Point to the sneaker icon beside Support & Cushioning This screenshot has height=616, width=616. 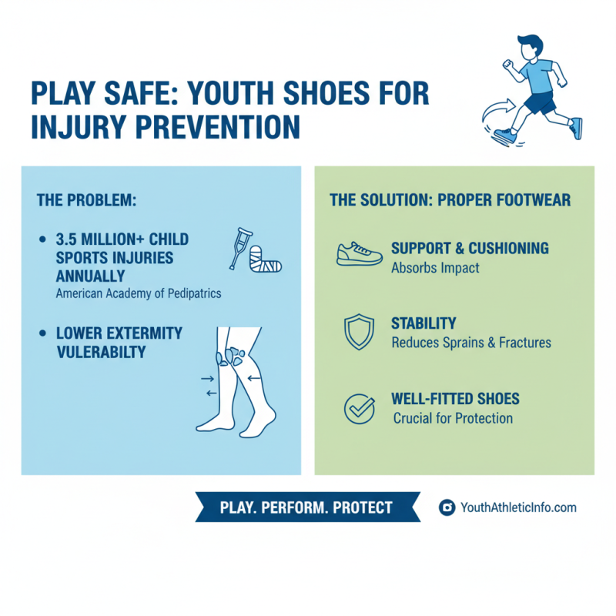click(x=359, y=255)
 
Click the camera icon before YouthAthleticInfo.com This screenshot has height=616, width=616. click(x=446, y=507)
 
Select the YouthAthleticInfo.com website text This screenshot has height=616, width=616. click(x=517, y=507)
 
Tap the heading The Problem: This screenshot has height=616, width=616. click(x=86, y=199)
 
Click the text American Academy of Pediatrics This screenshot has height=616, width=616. click(x=138, y=294)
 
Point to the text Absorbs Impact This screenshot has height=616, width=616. click(x=435, y=268)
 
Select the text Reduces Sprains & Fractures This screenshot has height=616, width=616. click(x=471, y=343)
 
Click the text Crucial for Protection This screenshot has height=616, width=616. click(x=453, y=418)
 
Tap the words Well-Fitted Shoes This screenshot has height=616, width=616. click(x=455, y=399)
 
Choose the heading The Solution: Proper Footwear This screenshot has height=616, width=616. click(x=450, y=200)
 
